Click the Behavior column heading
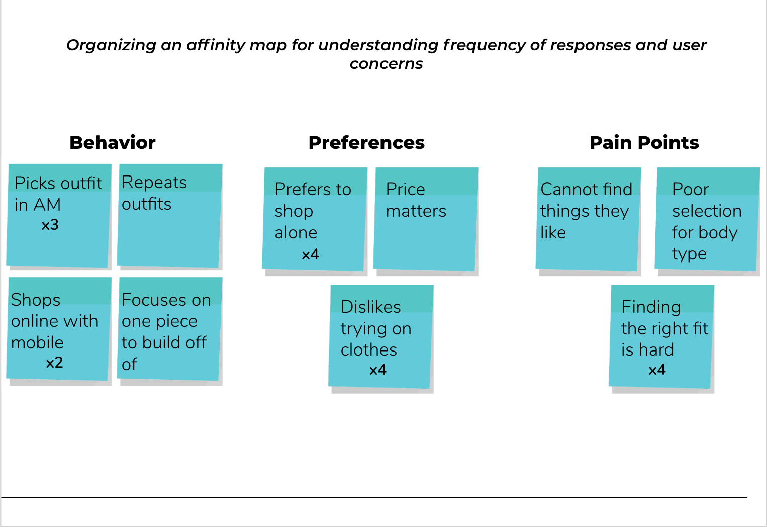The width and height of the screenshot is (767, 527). pos(112,142)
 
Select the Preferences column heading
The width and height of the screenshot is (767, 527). pos(366,142)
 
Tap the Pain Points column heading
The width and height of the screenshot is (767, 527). pos(644,142)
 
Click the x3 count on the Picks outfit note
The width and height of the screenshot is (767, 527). pos(50,225)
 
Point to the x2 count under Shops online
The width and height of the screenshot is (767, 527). pos(54,363)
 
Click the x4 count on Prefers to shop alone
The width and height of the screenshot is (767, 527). pos(310,254)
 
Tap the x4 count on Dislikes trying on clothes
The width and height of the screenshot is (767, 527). pos(377,370)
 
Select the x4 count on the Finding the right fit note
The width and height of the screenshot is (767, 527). pos(657,370)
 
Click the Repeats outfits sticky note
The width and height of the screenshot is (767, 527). pos(169,216)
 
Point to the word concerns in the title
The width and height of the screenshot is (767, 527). pos(386,64)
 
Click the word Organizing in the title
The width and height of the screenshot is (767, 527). pos(111,45)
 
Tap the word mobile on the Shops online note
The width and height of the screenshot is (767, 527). pos(37,342)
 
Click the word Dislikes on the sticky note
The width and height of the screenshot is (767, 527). pos(371,307)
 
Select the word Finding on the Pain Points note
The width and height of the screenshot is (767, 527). pos(651,307)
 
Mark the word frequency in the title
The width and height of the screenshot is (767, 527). pos(485,45)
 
